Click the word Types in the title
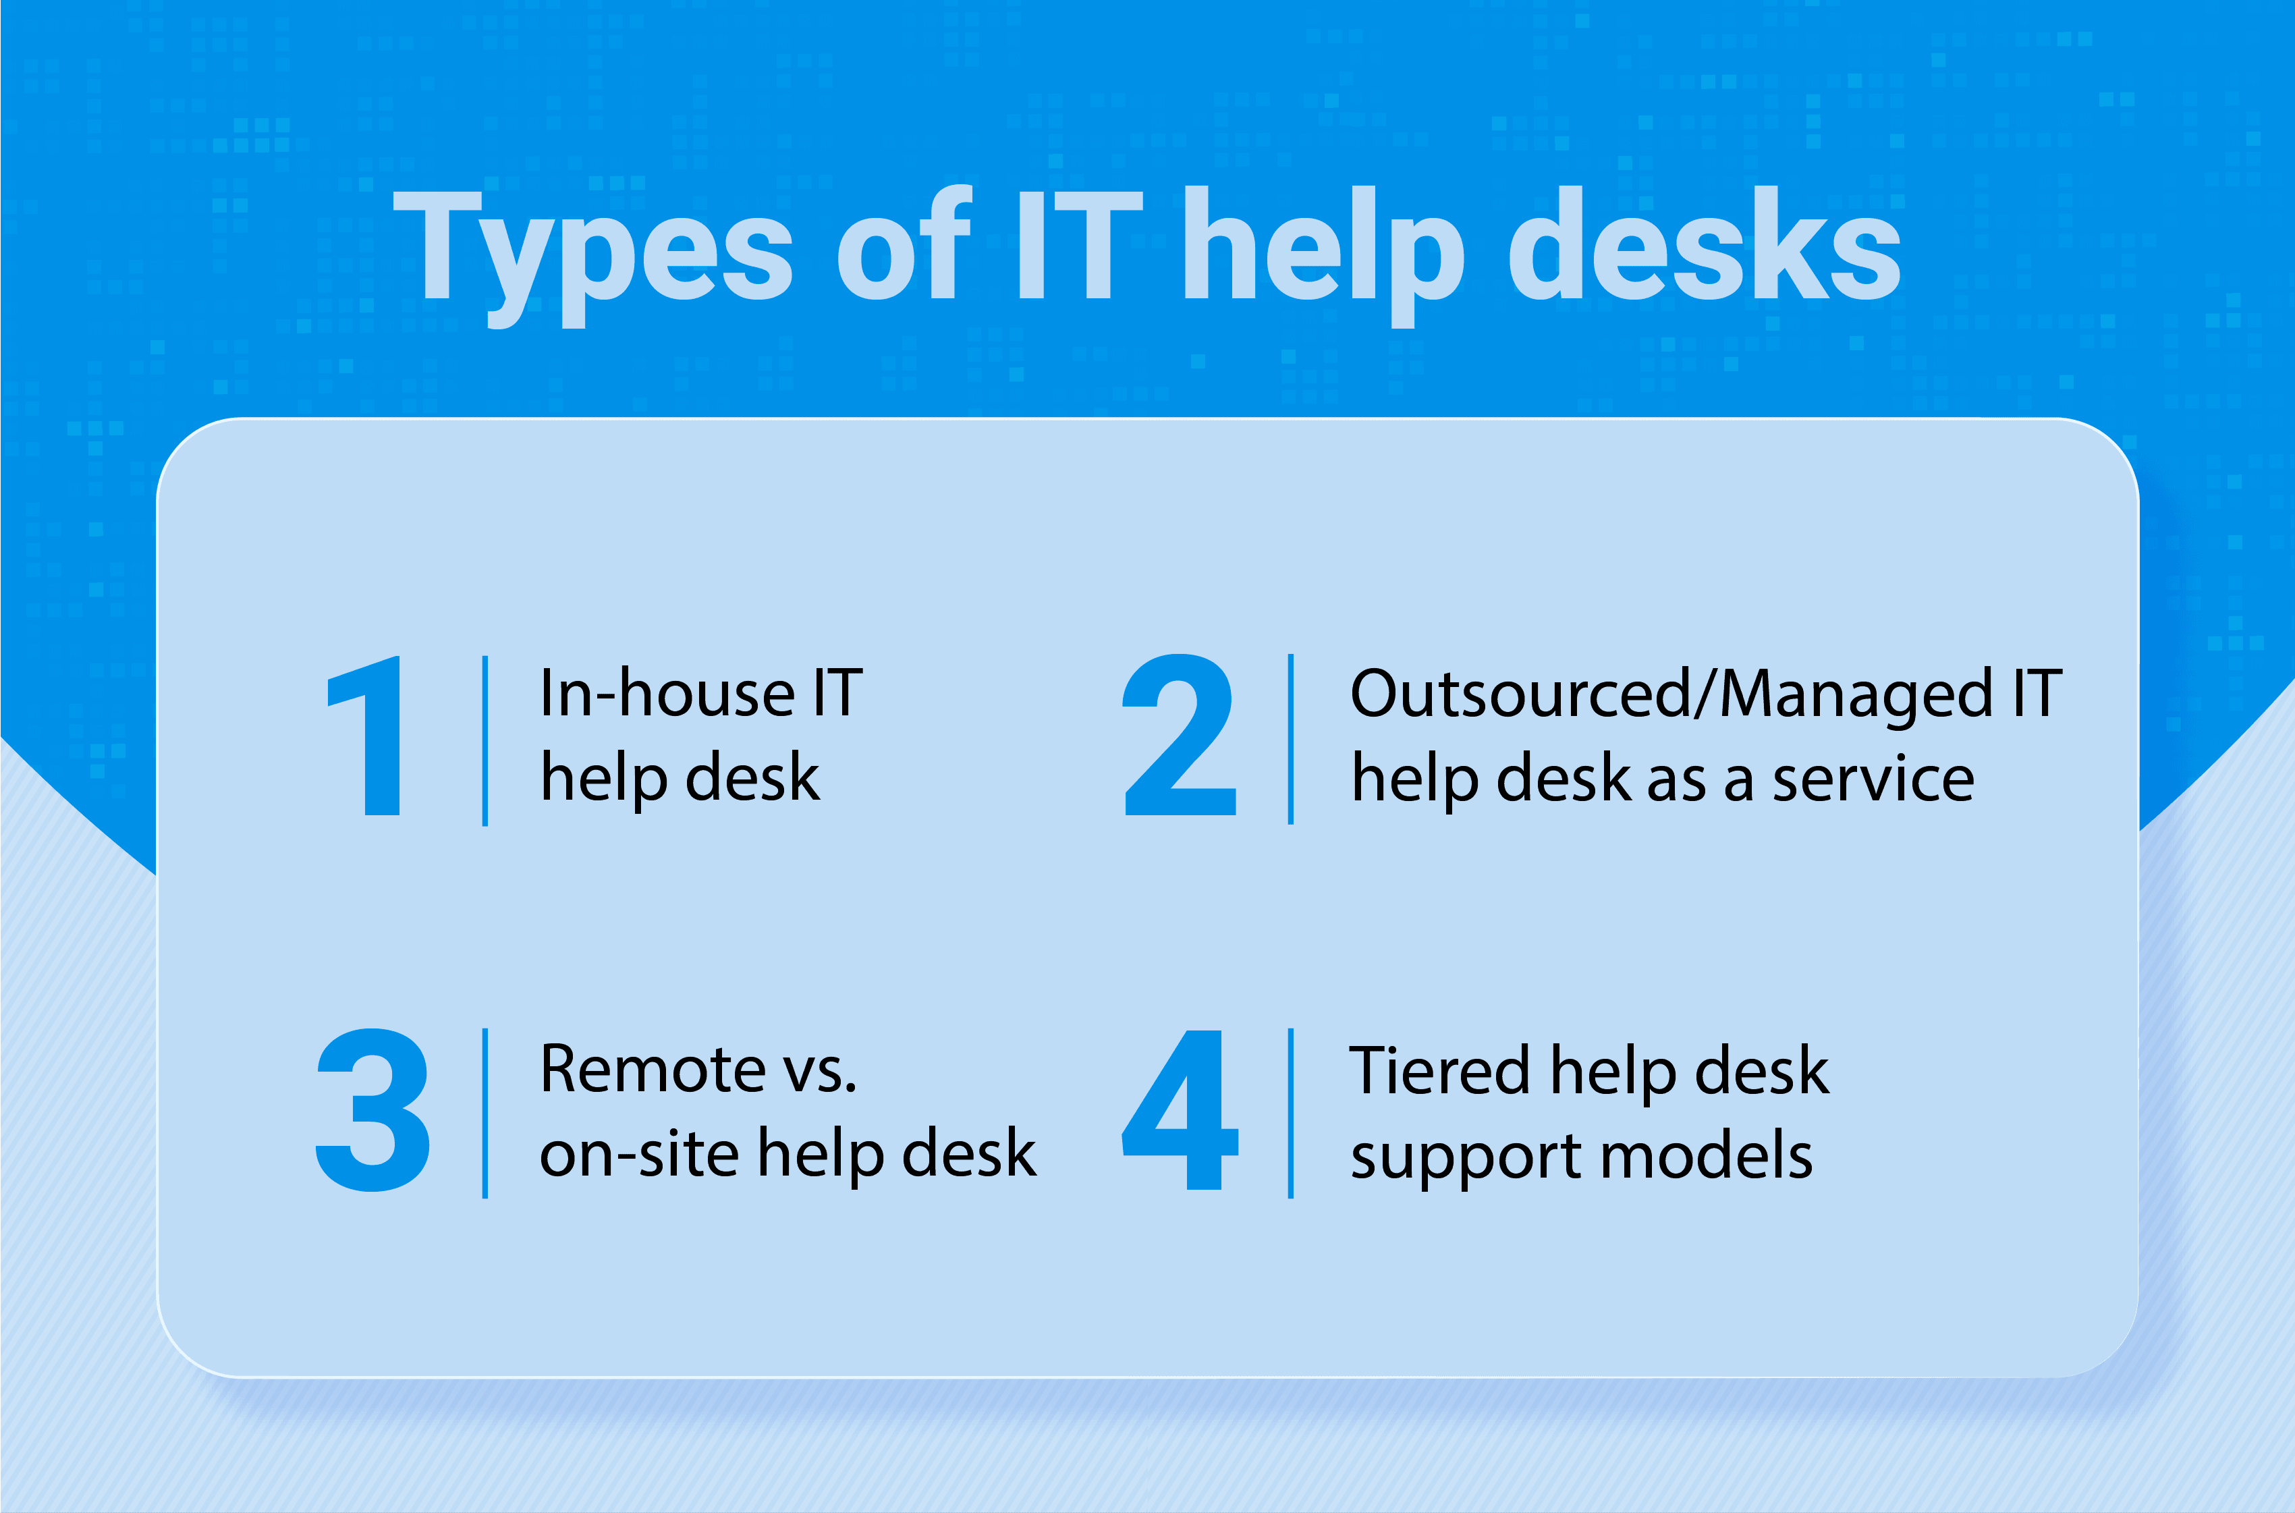pyautogui.click(x=592, y=251)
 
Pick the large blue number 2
pyautogui.click(x=1179, y=736)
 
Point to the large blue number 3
pyautogui.click(x=372, y=1109)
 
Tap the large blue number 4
pyautogui.click(x=1181, y=1109)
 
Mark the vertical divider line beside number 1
pyautogui.click(x=485, y=741)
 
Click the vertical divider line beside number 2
pyautogui.click(x=1291, y=739)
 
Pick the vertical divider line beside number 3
pyautogui.click(x=485, y=1113)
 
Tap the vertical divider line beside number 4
pyautogui.click(x=1291, y=1113)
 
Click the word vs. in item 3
pyautogui.click(x=819, y=1071)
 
